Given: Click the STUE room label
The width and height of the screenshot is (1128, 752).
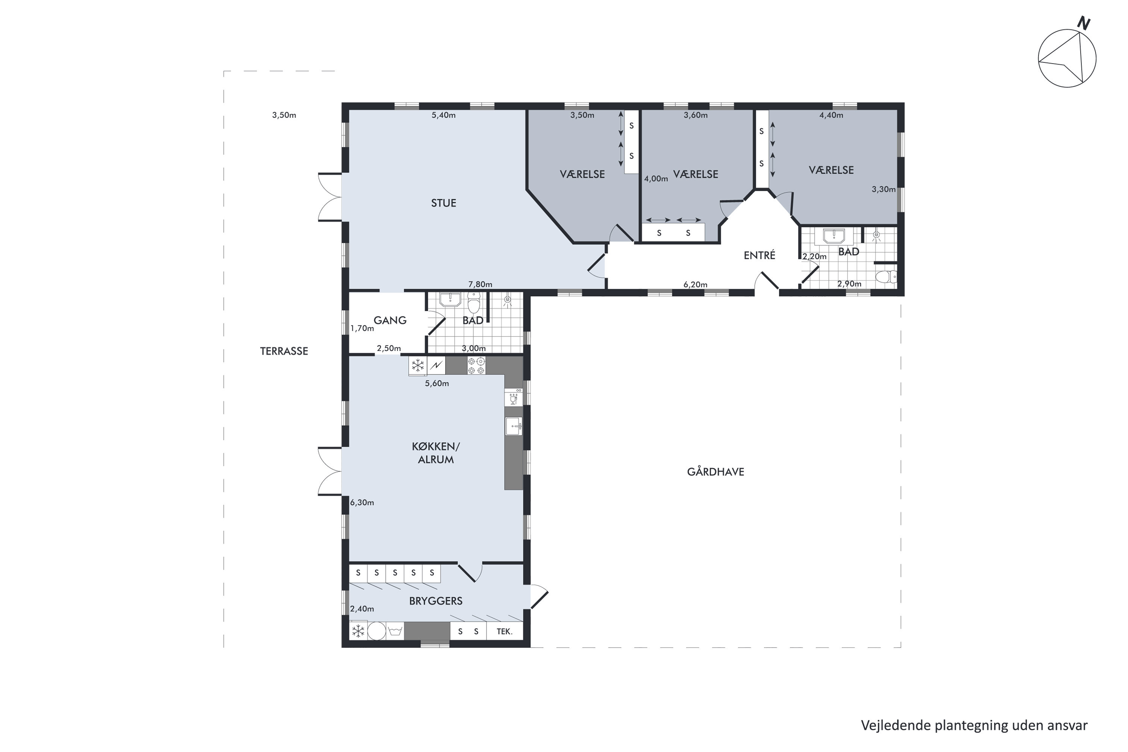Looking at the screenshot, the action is click(443, 203).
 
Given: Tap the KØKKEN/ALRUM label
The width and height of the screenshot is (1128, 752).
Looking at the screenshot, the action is click(435, 453).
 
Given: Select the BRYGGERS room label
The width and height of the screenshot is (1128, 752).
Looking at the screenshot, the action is click(435, 600).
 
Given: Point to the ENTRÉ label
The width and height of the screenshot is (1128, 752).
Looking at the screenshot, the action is click(759, 255).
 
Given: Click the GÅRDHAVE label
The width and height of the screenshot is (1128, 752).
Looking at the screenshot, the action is click(716, 472).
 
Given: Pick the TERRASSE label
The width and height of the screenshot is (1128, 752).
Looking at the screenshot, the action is click(284, 351).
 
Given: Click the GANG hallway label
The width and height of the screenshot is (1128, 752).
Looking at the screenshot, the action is click(390, 320).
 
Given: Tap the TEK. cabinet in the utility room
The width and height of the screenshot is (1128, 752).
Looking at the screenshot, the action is click(505, 631).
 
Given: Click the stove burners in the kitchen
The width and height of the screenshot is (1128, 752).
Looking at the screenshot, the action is click(477, 365).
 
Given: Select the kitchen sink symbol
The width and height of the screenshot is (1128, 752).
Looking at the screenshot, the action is click(514, 426).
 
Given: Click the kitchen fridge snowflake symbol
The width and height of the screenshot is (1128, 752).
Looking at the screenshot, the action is click(418, 365).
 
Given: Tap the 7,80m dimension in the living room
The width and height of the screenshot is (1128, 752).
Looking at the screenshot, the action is click(480, 284).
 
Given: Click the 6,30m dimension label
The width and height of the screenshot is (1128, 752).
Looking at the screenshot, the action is click(362, 503).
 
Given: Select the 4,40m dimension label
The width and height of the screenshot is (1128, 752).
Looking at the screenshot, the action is click(831, 115).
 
